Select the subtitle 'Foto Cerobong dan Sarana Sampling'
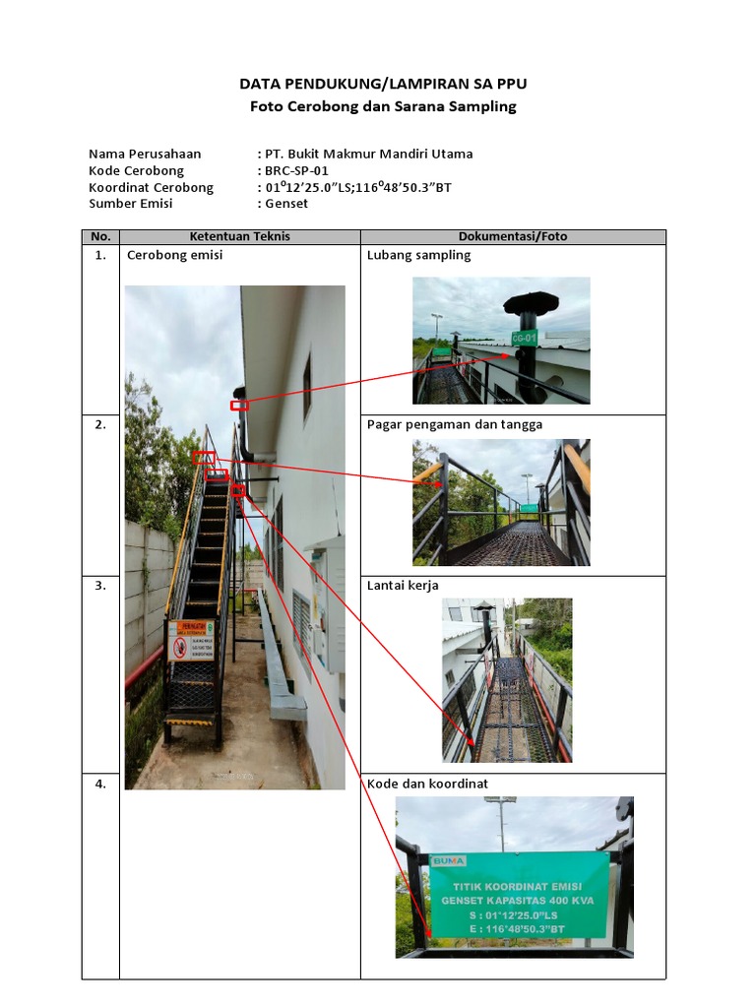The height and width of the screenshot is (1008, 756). click(383, 106)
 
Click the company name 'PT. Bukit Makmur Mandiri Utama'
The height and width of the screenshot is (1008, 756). click(368, 154)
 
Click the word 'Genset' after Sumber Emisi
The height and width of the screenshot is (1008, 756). click(286, 204)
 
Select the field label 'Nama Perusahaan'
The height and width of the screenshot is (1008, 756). click(145, 154)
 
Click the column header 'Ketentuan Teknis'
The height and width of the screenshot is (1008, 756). click(239, 236)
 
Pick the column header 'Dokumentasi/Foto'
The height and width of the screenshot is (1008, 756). click(513, 236)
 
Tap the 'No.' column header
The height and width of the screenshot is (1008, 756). click(100, 236)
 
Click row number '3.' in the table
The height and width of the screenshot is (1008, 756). click(100, 586)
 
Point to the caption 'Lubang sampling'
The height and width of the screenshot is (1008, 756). click(418, 255)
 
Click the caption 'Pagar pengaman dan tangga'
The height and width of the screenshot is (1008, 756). click(454, 425)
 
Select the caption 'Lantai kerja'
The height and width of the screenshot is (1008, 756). click(403, 586)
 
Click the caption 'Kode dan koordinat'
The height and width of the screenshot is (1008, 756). click(427, 785)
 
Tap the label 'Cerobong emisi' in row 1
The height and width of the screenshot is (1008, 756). click(174, 255)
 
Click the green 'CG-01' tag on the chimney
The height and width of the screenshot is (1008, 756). click(524, 338)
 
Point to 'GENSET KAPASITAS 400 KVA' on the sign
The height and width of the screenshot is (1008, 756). click(517, 900)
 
